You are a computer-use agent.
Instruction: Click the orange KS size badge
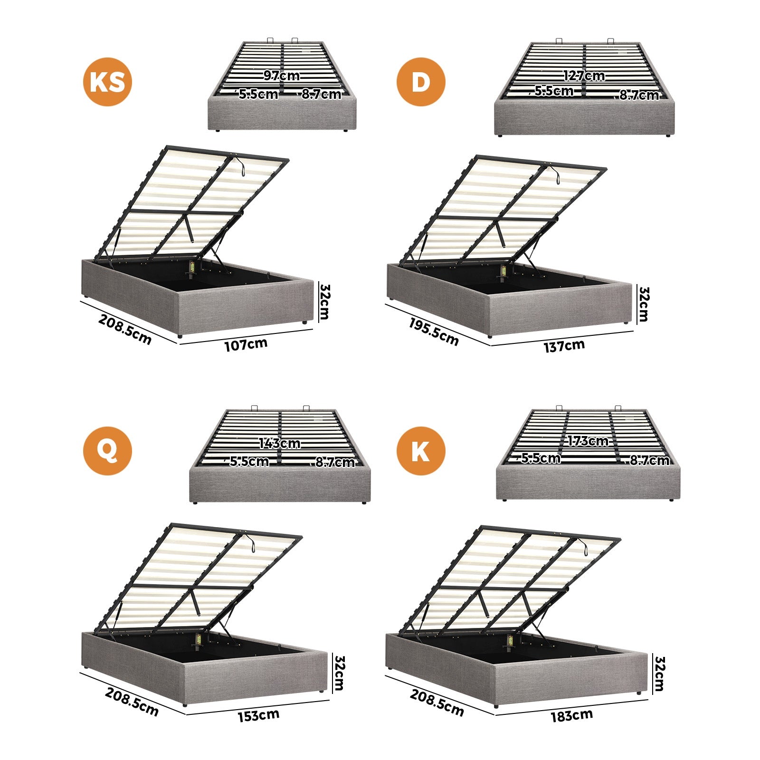tap(107, 82)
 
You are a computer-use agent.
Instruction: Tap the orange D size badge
tap(421, 82)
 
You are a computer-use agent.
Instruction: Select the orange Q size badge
tap(107, 451)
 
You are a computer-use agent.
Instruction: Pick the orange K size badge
tap(421, 451)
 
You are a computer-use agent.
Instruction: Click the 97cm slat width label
tap(282, 76)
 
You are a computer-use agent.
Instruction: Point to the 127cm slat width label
tap(584, 76)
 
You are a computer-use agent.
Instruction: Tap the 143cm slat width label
tap(279, 443)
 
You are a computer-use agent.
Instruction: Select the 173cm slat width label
tap(588, 441)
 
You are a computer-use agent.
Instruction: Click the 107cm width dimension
tap(246, 344)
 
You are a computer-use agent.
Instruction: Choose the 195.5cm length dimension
tap(434, 332)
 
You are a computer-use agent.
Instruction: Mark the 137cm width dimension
tap(564, 346)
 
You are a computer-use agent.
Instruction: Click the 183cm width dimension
tap(571, 715)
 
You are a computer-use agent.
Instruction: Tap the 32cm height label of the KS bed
tap(325, 302)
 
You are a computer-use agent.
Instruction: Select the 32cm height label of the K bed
tap(659, 674)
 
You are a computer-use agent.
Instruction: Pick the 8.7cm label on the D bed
tap(639, 95)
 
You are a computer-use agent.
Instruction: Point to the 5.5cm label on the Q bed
tap(249, 461)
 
